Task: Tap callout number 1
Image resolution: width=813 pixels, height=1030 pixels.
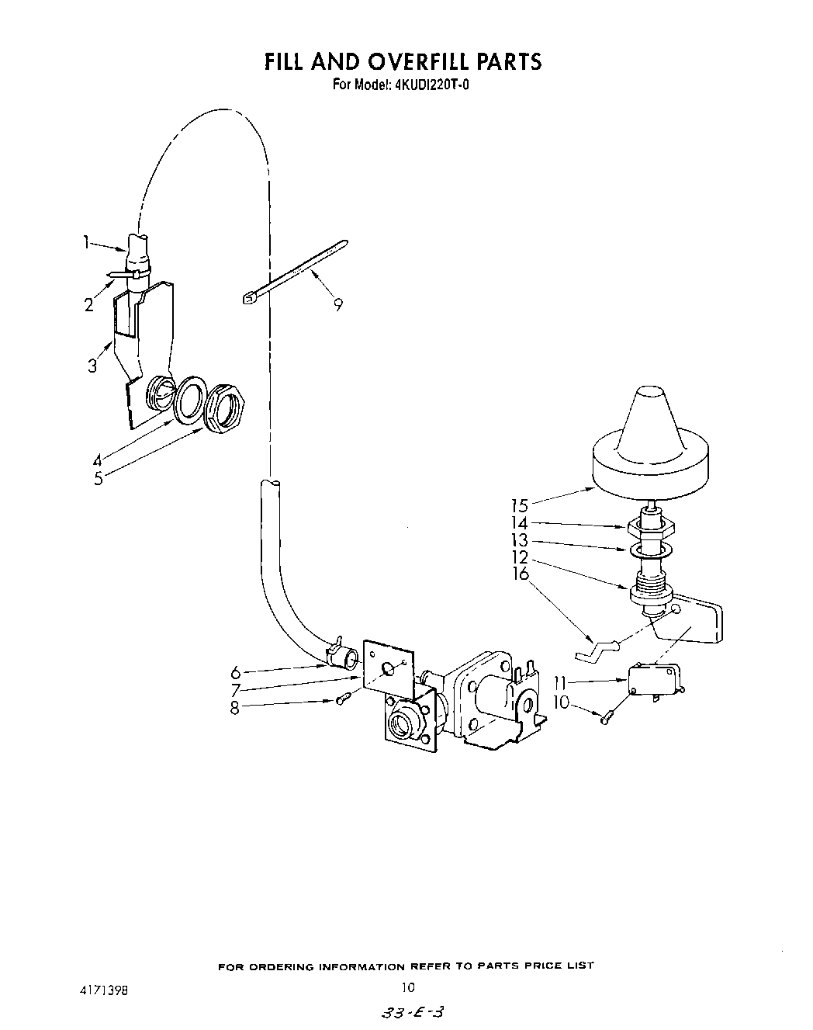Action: coord(86,242)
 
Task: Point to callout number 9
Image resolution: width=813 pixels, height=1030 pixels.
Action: coord(337,305)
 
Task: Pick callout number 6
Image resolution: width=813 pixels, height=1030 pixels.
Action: coord(236,671)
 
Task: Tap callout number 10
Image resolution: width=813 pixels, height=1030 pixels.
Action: coord(560,703)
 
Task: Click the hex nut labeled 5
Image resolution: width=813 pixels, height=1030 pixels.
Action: coord(225,406)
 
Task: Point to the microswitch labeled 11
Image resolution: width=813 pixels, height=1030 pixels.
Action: coord(653,682)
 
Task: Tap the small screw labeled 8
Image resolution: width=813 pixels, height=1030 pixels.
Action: coord(341,701)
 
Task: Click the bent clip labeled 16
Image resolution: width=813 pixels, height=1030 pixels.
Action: coord(597,648)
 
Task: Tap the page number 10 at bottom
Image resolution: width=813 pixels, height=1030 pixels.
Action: coord(408,988)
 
